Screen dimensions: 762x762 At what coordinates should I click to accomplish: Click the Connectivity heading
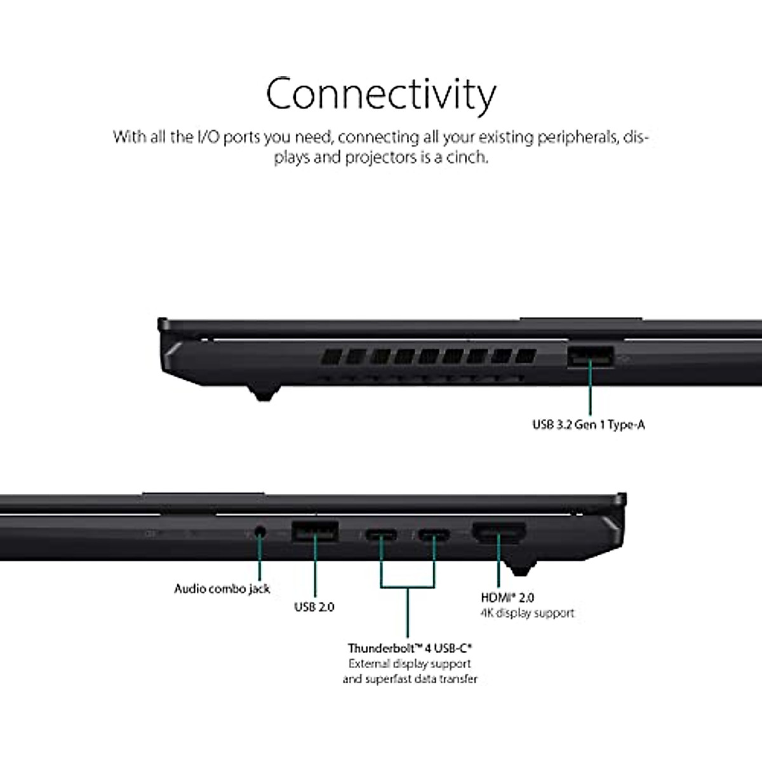point(381,94)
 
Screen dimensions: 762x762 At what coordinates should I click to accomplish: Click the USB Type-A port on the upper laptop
point(590,356)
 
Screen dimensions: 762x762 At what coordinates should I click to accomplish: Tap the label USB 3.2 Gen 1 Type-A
point(589,425)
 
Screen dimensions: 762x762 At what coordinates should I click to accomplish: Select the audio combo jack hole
point(260,531)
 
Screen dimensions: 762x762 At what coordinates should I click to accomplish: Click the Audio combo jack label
point(222,589)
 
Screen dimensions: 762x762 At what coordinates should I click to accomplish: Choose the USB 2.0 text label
point(314,607)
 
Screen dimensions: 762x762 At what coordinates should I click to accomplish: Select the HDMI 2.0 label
point(507,598)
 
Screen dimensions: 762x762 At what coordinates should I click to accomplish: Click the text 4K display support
point(527,613)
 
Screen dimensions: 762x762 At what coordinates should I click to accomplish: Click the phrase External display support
point(410,664)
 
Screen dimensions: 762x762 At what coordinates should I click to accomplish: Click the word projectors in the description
point(380,157)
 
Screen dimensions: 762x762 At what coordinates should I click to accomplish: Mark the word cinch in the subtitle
point(466,157)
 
